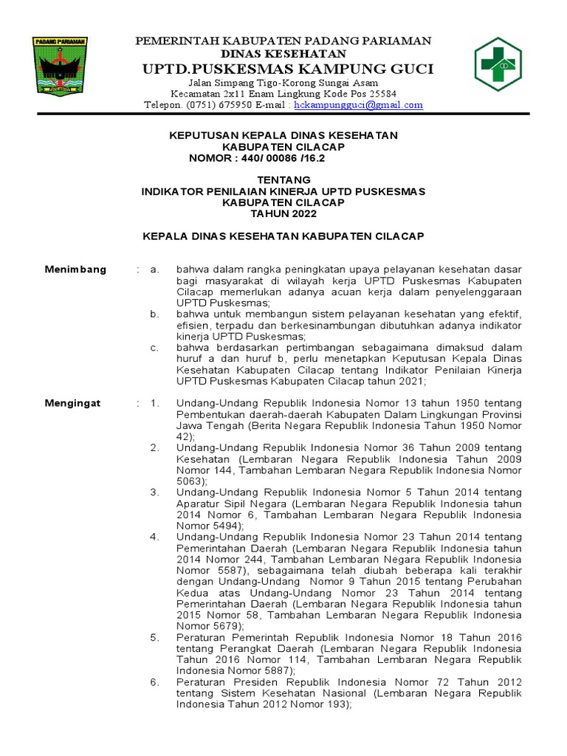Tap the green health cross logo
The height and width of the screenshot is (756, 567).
(x=498, y=65)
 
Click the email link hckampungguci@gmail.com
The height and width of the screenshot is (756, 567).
(x=358, y=105)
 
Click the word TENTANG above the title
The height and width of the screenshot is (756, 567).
(x=283, y=180)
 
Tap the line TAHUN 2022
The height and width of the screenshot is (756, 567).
(x=283, y=214)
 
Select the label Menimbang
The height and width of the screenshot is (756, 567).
(x=75, y=269)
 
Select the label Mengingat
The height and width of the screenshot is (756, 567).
(x=72, y=403)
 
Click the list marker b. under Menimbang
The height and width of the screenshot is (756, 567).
(x=154, y=314)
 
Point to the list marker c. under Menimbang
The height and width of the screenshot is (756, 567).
(x=154, y=347)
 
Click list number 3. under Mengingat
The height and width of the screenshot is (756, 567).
(x=155, y=492)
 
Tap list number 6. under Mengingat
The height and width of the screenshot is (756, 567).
(x=155, y=681)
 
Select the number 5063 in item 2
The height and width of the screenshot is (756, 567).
(x=189, y=481)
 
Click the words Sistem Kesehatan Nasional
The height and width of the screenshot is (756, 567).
(x=291, y=693)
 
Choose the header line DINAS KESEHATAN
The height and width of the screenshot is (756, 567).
(x=283, y=54)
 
